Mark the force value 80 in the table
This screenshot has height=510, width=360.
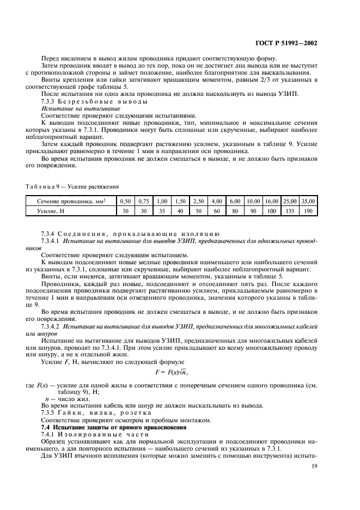tap(235, 210)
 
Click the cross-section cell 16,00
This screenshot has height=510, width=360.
tap(272, 201)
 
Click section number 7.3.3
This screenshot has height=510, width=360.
tap(50, 101)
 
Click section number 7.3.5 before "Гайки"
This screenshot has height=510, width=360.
tap(50, 412)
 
